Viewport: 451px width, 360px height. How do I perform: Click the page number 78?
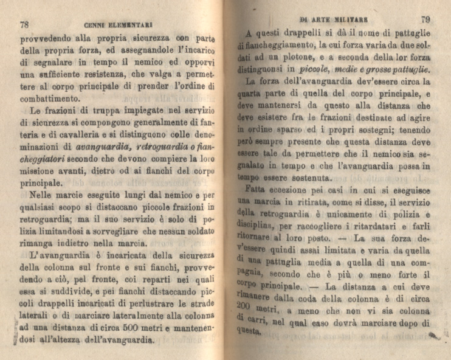click(25, 25)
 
